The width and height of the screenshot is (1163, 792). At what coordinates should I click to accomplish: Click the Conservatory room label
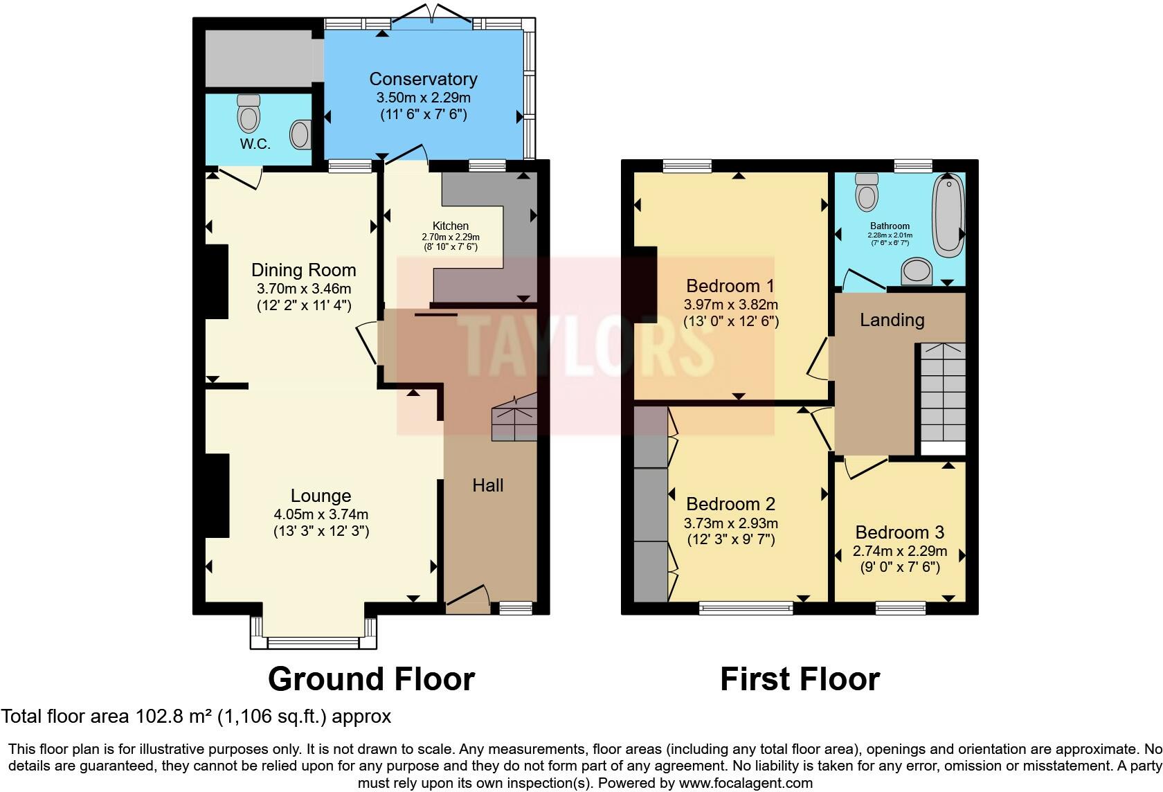(423, 79)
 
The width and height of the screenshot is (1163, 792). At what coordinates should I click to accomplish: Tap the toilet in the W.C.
(249, 114)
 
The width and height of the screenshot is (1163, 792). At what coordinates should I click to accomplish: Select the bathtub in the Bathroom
(948, 215)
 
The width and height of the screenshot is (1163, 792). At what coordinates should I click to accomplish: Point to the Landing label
(892, 320)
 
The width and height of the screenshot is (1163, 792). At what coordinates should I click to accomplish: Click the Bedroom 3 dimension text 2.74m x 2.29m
(899, 552)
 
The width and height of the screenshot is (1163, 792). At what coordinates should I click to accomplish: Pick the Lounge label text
(321, 496)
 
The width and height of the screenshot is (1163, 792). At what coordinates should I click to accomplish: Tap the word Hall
(487, 485)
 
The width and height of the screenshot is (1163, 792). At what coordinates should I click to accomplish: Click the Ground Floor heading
(371, 679)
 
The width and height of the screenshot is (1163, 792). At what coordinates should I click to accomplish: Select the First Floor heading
(800, 679)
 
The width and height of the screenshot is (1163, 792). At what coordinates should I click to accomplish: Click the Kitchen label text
(451, 226)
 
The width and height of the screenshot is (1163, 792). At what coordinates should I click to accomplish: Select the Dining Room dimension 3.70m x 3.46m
(303, 289)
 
